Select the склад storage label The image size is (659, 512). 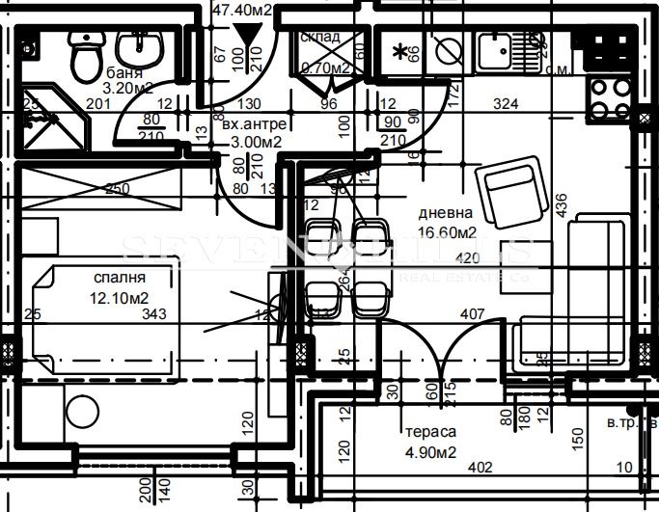click(320, 37)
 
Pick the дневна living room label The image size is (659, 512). click(445, 214)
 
